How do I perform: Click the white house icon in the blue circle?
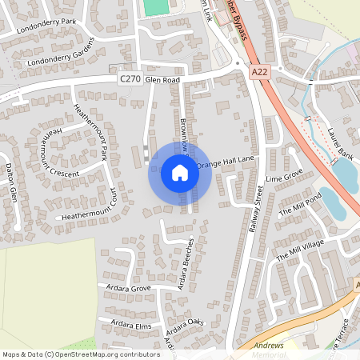pyautogui.click(x=179, y=173)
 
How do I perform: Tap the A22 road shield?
pyautogui.click(x=258, y=72)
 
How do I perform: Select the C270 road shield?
pyautogui.click(x=130, y=79)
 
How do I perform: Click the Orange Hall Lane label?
pyautogui.click(x=230, y=162)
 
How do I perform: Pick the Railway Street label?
pyautogui.click(x=257, y=208)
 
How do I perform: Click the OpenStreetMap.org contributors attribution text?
pyautogui.click(x=103, y=354)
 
